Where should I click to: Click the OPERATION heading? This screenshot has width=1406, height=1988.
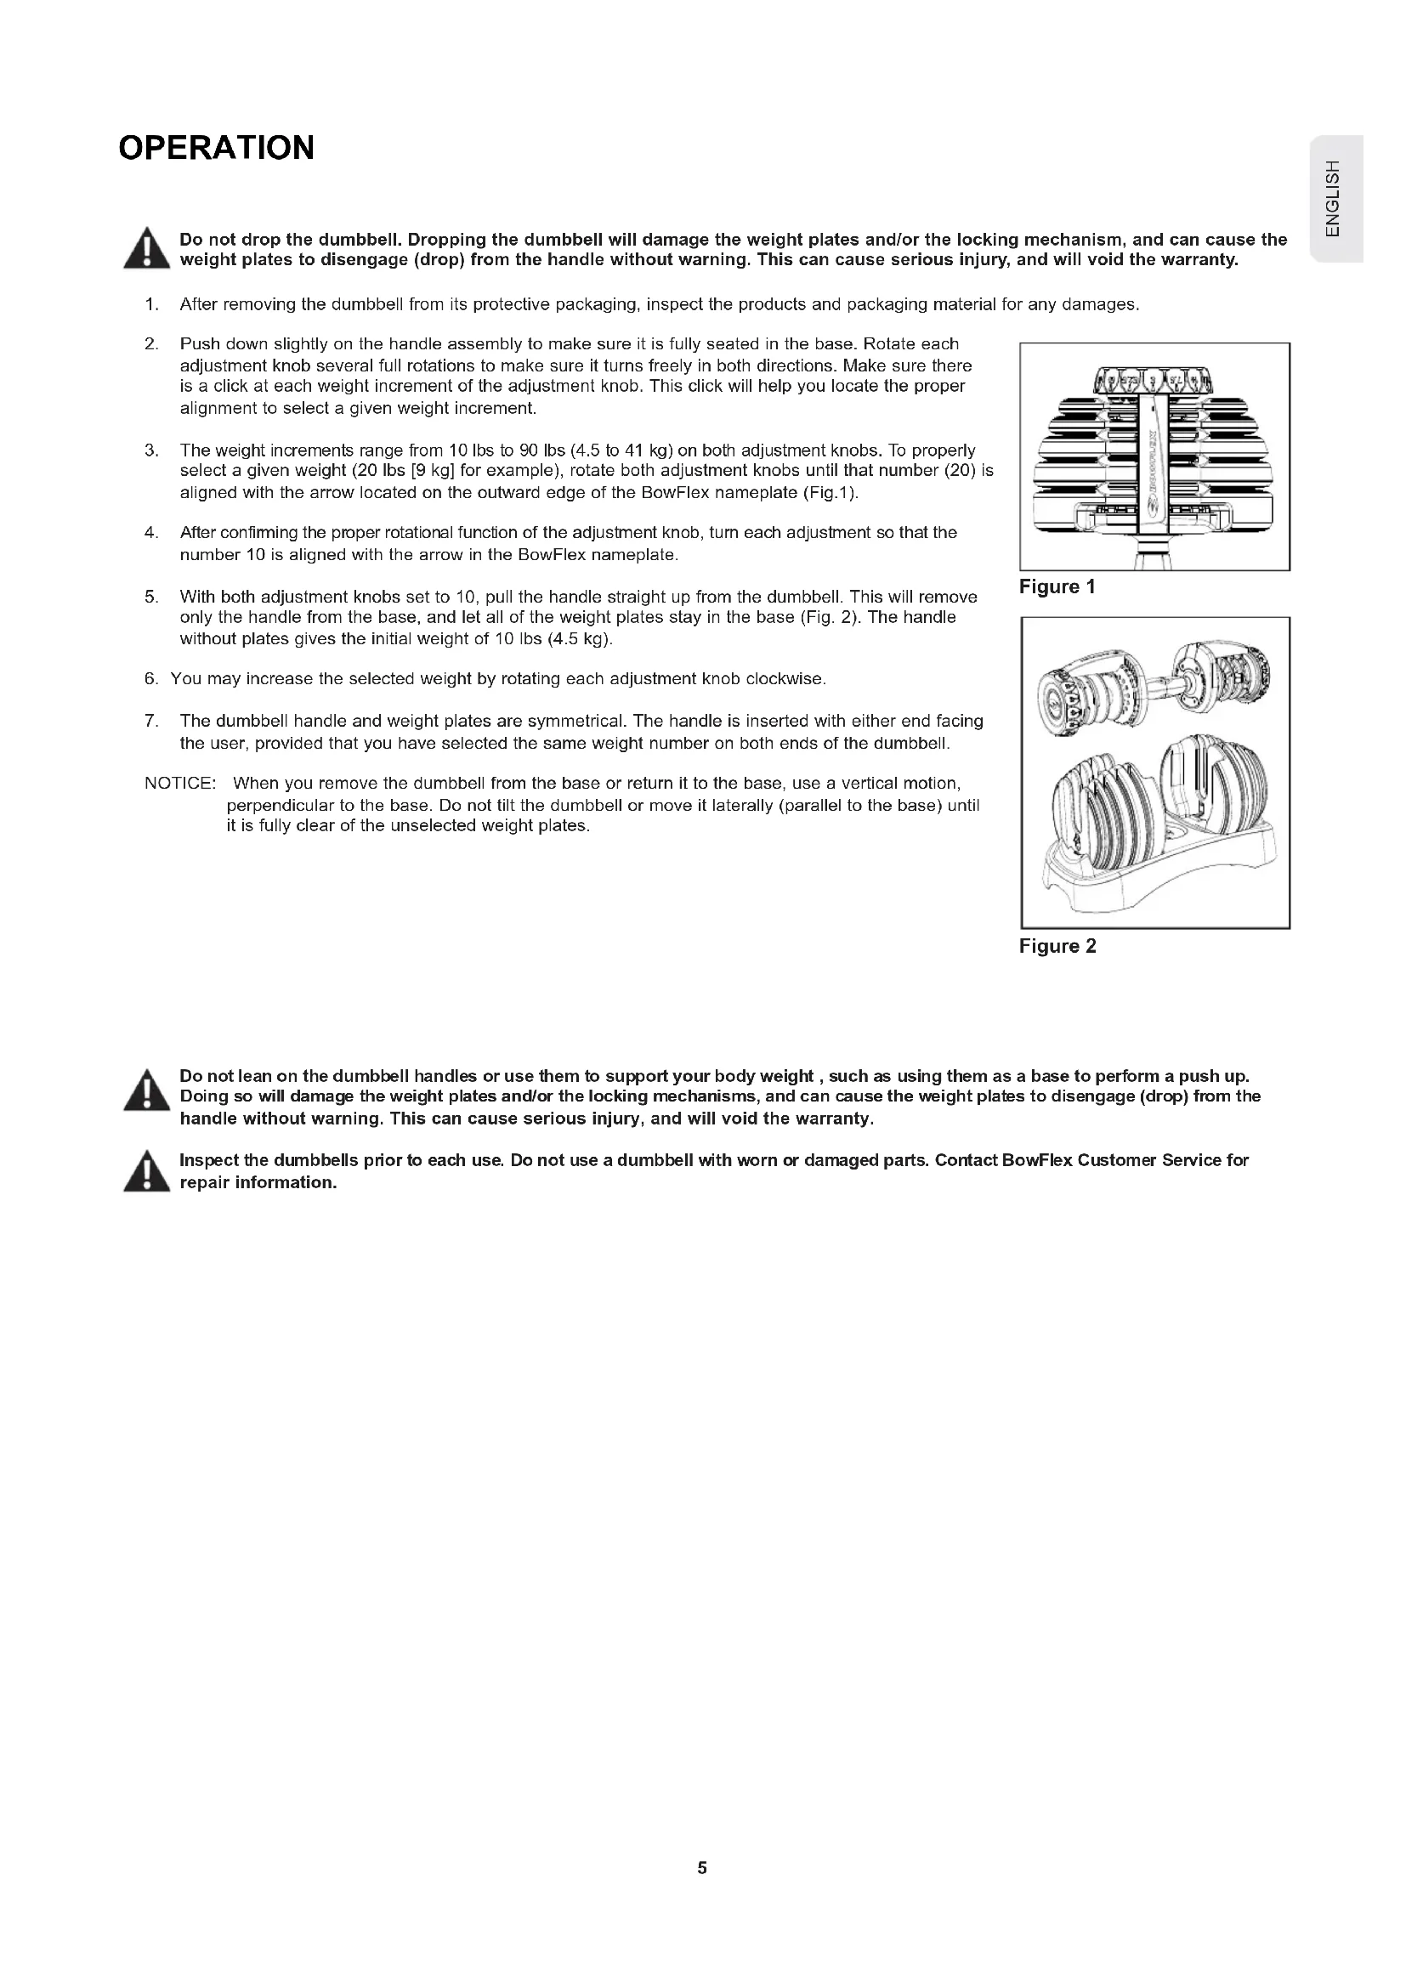click(217, 148)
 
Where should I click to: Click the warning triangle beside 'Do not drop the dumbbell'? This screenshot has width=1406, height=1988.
click(146, 249)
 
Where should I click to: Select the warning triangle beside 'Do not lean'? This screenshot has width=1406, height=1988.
click(146, 1090)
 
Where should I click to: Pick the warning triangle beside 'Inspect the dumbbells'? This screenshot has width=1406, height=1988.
click(146, 1172)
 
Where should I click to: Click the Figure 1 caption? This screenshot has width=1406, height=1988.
click(1057, 587)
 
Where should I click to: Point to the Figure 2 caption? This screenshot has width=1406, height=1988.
click(1057, 946)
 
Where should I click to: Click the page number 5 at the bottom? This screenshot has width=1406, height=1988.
click(702, 1867)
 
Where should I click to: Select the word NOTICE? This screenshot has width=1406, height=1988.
click(180, 784)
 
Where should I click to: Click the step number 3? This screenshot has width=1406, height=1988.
click(151, 450)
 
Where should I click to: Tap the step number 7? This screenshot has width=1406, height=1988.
click(151, 722)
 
